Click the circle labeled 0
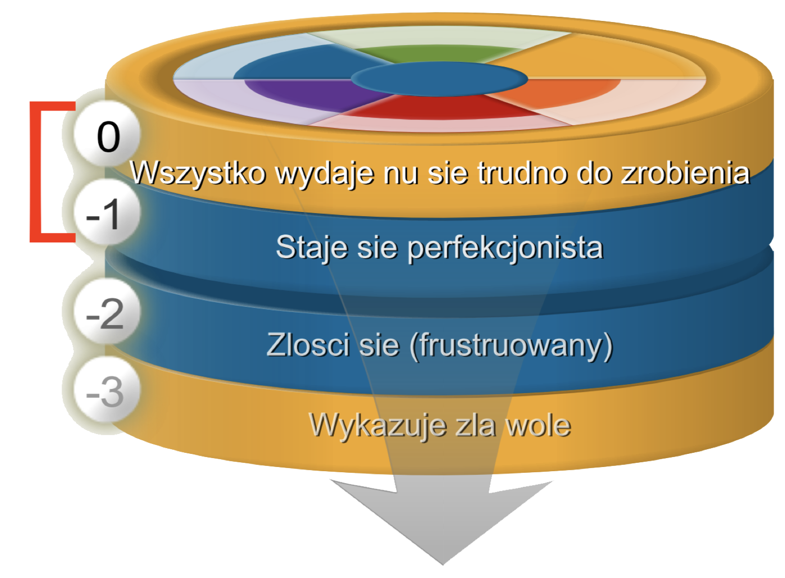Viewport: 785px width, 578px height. [107, 133]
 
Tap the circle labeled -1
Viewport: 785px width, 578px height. [107, 212]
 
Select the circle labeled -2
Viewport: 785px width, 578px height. [107, 312]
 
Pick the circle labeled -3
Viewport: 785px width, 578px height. [107, 390]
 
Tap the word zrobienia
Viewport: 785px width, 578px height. [685, 173]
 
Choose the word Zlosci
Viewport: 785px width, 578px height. [308, 345]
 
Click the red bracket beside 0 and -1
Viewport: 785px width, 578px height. [36, 172]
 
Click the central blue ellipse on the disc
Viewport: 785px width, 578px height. [440, 79]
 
